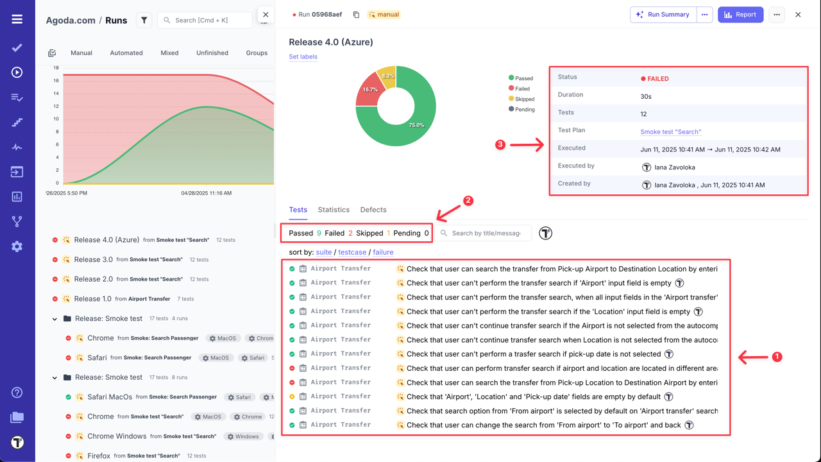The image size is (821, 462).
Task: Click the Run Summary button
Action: pyautogui.click(x=663, y=15)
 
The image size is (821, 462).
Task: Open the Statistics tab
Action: pyautogui.click(x=334, y=210)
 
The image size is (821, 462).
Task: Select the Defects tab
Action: pyautogui.click(x=373, y=210)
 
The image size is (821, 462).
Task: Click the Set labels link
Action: pyautogui.click(x=303, y=56)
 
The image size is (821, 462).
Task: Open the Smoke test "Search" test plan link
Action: pyautogui.click(x=670, y=132)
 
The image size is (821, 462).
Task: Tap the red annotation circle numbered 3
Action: pyautogui.click(x=500, y=145)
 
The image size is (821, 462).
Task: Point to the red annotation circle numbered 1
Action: pyautogui.click(x=777, y=357)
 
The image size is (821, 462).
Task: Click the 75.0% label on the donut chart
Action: pyautogui.click(x=416, y=125)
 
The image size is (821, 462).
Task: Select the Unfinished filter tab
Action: pyautogui.click(x=212, y=53)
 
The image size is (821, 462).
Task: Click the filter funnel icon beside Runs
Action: pyautogui.click(x=144, y=21)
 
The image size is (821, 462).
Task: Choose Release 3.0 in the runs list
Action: pyautogui.click(x=93, y=260)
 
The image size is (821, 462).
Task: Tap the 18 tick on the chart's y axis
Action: pyautogui.click(x=56, y=68)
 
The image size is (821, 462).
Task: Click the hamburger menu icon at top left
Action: pyautogui.click(x=17, y=19)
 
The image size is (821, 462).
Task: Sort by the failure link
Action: pyautogui.click(x=383, y=252)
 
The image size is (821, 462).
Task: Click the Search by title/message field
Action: pyautogui.click(x=486, y=233)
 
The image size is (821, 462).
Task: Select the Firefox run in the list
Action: pyautogui.click(x=99, y=456)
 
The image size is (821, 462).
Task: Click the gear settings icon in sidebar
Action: pyautogui.click(x=17, y=246)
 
